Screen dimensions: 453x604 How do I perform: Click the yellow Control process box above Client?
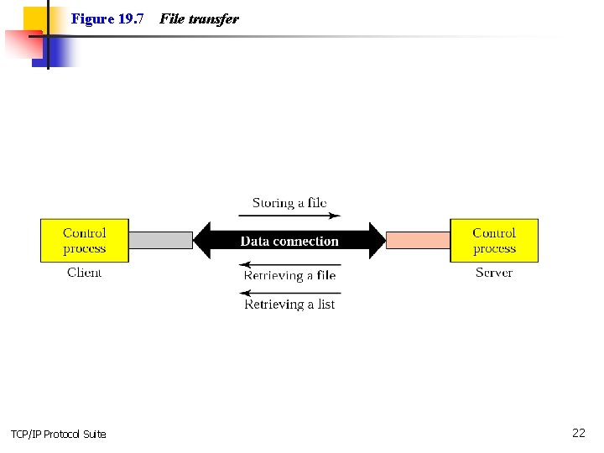click(x=85, y=241)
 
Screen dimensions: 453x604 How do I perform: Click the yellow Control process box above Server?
click(x=494, y=241)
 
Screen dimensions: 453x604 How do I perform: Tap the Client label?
click(x=84, y=273)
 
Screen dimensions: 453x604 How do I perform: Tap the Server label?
click(x=493, y=273)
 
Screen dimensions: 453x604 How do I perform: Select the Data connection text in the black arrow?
click(x=289, y=242)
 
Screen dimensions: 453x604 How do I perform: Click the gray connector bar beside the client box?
click(x=161, y=241)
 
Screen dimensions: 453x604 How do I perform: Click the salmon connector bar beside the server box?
click(x=418, y=241)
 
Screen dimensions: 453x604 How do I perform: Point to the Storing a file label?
click(x=289, y=203)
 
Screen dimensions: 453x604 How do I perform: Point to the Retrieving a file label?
click(x=289, y=275)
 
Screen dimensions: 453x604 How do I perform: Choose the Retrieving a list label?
click(x=289, y=305)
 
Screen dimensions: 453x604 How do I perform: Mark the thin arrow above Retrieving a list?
click(x=289, y=292)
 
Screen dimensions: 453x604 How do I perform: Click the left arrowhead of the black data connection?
click(x=203, y=241)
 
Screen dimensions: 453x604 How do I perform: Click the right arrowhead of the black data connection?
click(x=377, y=241)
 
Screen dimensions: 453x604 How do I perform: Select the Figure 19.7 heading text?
click(x=107, y=18)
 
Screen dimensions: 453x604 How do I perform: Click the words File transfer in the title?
click(x=199, y=18)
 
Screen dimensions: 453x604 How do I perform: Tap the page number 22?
click(x=578, y=433)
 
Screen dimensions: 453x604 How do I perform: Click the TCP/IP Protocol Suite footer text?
click(x=59, y=434)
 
